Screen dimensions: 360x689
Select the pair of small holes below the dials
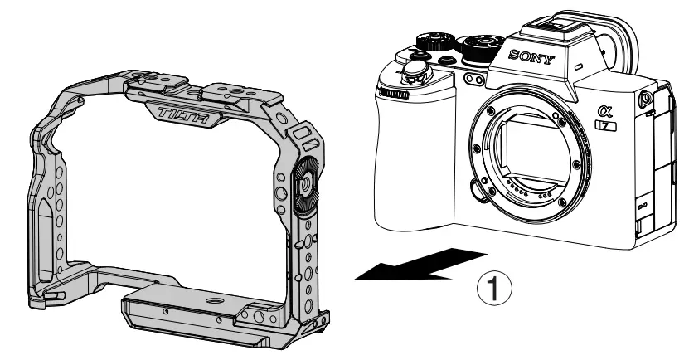pos(476,80)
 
